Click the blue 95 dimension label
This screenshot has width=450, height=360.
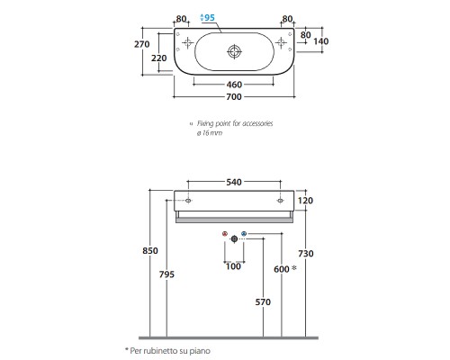coord(208,17)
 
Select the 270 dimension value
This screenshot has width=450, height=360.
coord(141,44)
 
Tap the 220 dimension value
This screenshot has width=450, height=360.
coord(158,58)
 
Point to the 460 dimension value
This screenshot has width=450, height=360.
coord(234,85)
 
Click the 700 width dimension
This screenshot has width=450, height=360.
coord(234,97)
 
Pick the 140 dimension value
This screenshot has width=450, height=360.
coord(321,41)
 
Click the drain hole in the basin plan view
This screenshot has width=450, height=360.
coord(234,51)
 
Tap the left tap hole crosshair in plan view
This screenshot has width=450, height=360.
coord(188,43)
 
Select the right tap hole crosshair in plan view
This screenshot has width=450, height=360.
coord(281,43)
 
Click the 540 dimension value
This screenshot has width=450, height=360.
coord(234,182)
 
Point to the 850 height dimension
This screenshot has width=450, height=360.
coord(150,250)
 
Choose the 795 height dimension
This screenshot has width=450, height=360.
coord(166,274)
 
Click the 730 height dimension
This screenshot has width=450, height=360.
coord(306,254)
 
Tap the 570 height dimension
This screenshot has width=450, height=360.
coord(263,301)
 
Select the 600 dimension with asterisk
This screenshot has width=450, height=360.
coord(285,269)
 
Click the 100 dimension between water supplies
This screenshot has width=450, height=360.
coord(233,266)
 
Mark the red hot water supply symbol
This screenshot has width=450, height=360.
coord(225,234)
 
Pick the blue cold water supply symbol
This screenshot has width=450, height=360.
coord(244,234)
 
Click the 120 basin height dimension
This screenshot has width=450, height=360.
coord(305,201)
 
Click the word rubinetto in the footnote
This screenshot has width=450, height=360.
coord(160,351)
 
